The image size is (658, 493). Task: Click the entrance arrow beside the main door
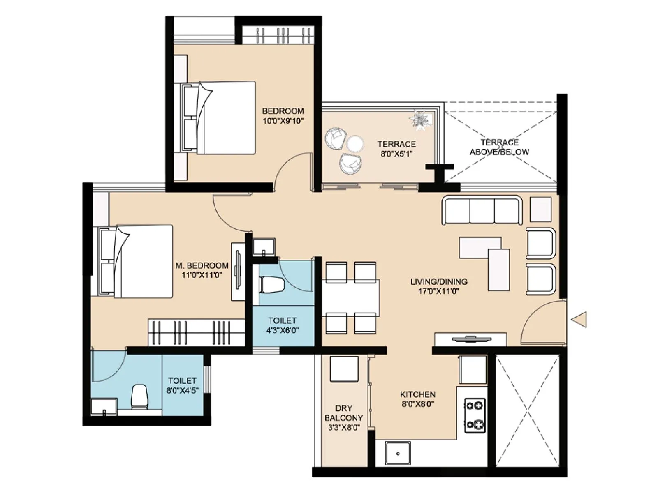[x=579, y=319]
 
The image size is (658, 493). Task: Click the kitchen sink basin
[x=398, y=453]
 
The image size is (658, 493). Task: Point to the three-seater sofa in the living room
[x=482, y=210]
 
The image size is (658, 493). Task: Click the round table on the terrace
[x=354, y=144]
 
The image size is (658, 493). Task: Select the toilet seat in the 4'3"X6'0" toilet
[x=272, y=285]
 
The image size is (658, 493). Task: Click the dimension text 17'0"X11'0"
[x=438, y=292]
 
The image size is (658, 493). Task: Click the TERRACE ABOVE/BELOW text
[x=500, y=147]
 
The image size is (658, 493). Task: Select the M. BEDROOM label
[x=202, y=265]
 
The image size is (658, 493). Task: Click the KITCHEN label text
[x=417, y=394]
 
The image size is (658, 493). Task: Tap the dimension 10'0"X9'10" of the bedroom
[x=283, y=121]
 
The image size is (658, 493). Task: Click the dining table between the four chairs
[x=351, y=297]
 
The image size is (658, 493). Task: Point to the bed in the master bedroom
[x=136, y=261]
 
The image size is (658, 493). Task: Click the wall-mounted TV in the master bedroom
[x=237, y=271]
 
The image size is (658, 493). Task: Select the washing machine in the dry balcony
[x=344, y=369]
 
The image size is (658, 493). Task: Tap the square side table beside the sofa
[x=540, y=210]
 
